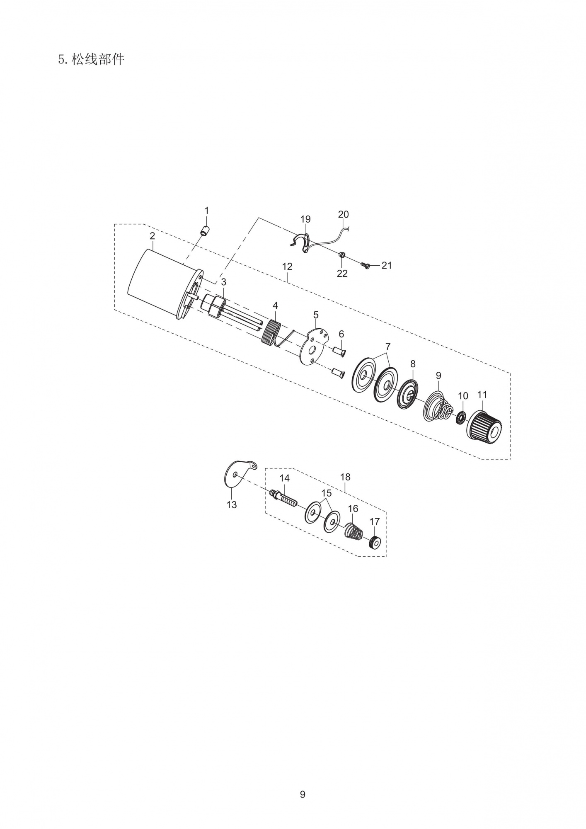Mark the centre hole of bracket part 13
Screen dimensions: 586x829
[x=235, y=474]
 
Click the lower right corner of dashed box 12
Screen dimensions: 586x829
[x=510, y=459]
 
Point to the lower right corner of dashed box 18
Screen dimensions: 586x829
[x=386, y=556]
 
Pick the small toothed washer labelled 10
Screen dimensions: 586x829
[x=461, y=418]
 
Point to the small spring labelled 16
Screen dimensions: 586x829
[x=354, y=531]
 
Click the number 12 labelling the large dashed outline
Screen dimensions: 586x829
[x=287, y=267]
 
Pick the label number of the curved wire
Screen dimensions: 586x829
[x=344, y=214]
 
